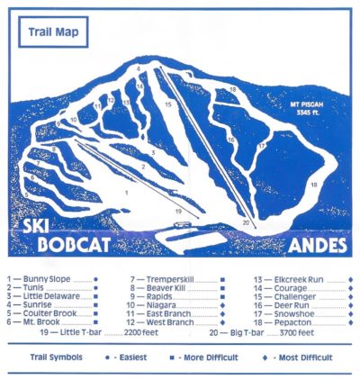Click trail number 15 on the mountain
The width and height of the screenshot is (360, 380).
point(167,105)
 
